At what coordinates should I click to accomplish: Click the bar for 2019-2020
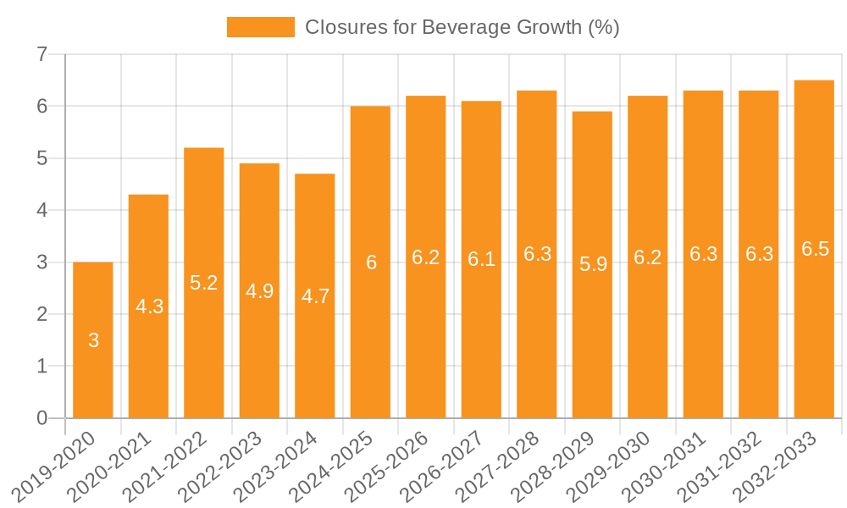coord(93,340)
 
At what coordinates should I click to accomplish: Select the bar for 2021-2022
coord(204,283)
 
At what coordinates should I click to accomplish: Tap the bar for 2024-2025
coord(370,262)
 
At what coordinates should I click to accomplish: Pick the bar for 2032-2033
coord(814,249)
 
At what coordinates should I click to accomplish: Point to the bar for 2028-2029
coord(592,264)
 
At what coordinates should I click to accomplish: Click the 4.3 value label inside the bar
coord(149,307)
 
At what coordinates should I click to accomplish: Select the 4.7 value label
coord(315,296)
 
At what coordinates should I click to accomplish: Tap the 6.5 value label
coord(814,250)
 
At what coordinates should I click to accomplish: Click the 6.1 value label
coord(481,260)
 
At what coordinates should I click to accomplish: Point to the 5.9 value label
coord(592,265)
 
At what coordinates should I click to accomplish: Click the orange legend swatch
coord(260,27)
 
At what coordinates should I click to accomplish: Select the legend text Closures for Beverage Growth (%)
coord(462,27)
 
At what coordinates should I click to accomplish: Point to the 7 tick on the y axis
coord(42,55)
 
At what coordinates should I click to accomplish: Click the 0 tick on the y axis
coord(42,418)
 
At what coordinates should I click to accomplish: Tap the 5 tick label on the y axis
coord(42,158)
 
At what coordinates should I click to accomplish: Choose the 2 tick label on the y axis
coord(42,314)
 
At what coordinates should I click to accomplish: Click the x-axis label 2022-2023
coord(222,467)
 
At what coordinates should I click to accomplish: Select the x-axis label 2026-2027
coord(444,467)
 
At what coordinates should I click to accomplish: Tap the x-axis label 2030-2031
coord(666,467)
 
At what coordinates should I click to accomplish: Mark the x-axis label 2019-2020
coord(56,467)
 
